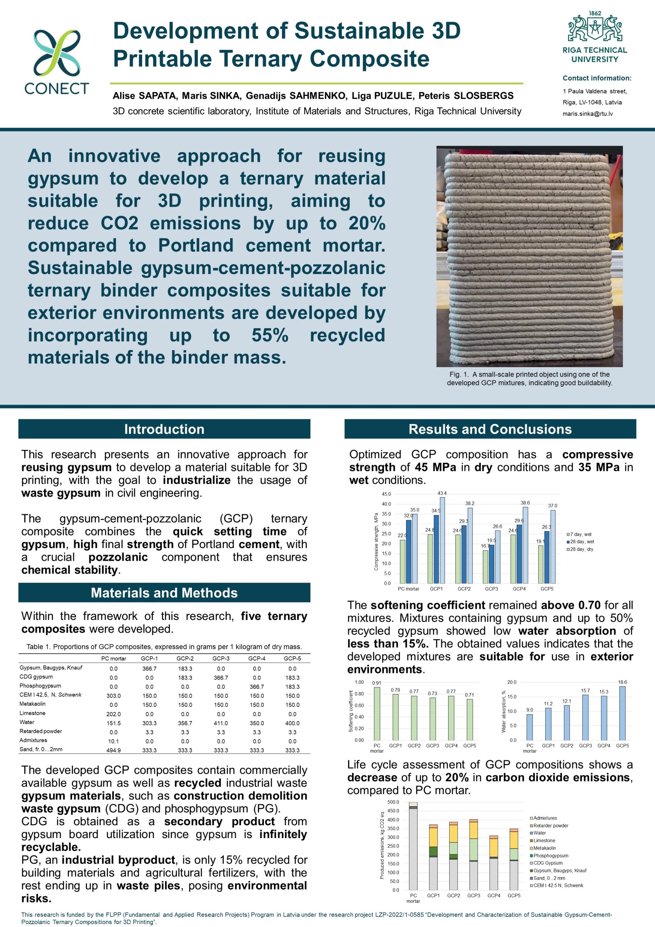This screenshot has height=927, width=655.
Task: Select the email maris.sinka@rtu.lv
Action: [x=588, y=114]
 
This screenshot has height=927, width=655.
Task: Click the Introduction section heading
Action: [x=164, y=429]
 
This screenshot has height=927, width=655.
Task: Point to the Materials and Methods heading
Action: [x=164, y=593]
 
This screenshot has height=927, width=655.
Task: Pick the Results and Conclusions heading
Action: [x=490, y=429]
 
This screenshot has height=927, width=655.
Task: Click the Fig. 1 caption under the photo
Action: [x=529, y=379]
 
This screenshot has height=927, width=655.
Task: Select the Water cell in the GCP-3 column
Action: [x=221, y=723]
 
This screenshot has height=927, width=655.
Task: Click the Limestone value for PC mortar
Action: [x=113, y=714]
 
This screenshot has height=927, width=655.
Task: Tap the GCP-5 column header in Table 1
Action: [x=292, y=659]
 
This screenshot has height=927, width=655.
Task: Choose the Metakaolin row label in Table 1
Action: [x=33, y=704]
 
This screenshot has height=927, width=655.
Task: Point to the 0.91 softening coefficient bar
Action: [x=377, y=714]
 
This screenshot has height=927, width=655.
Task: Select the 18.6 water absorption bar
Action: [x=622, y=713]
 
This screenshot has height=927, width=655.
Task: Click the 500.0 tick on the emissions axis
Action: [x=393, y=802]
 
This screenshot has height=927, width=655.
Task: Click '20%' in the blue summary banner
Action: [x=367, y=223]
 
